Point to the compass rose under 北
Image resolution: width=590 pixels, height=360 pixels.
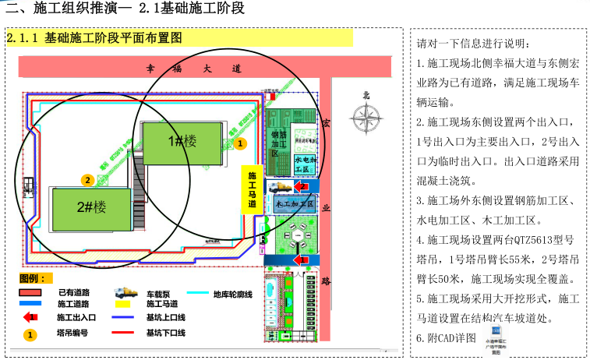pos(366,119)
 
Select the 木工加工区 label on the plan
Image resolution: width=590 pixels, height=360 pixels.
pos(294,204)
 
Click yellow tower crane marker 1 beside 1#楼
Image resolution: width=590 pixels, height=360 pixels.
pos(241,143)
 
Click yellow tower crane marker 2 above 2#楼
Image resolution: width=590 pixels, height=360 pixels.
pos(88,180)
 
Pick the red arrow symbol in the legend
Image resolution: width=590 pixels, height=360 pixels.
pos(30,317)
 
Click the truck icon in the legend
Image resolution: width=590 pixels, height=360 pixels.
pos(124,295)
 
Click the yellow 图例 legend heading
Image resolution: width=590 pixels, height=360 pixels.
pos(35,277)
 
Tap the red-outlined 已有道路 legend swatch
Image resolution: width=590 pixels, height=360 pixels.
pos(30,292)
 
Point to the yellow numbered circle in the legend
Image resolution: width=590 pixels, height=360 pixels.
pos(30,334)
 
